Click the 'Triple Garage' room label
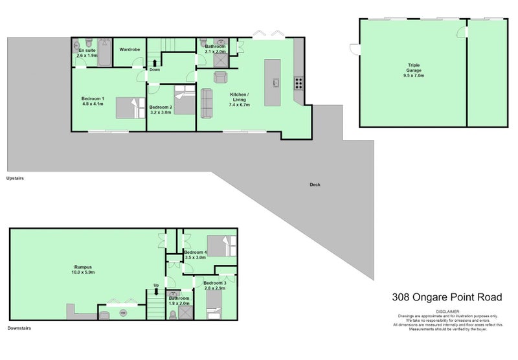tap(414, 70)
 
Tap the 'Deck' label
tap(315, 185)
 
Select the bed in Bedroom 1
tap(131, 107)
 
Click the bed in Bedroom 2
tap(185, 104)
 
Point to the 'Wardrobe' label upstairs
tap(129, 49)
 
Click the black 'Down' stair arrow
tap(155, 63)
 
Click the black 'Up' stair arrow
tap(155, 291)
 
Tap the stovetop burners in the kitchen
tap(299, 82)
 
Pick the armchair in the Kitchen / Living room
tap(220, 78)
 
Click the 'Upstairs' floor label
tap(15, 177)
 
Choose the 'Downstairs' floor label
tap(19, 328)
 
